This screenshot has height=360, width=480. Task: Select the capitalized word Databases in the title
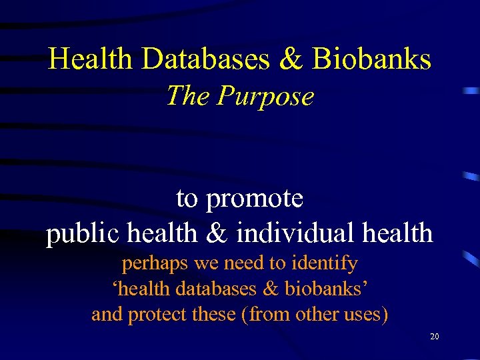[x=205, y=60]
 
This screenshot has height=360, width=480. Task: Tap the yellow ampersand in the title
[x=291, y=60]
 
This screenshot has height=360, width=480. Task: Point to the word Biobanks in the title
[x=371, y=60]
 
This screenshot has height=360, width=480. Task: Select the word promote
[x=255, y=198]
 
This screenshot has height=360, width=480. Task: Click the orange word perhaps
[x=155, y=264]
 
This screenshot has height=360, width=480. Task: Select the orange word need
[x=244, y=264]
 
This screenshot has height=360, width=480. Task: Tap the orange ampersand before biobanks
[x=276, y=289]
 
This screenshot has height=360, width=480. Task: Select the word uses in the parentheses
[x=363, y=314]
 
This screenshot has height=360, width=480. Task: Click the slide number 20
[x=434, y=337]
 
